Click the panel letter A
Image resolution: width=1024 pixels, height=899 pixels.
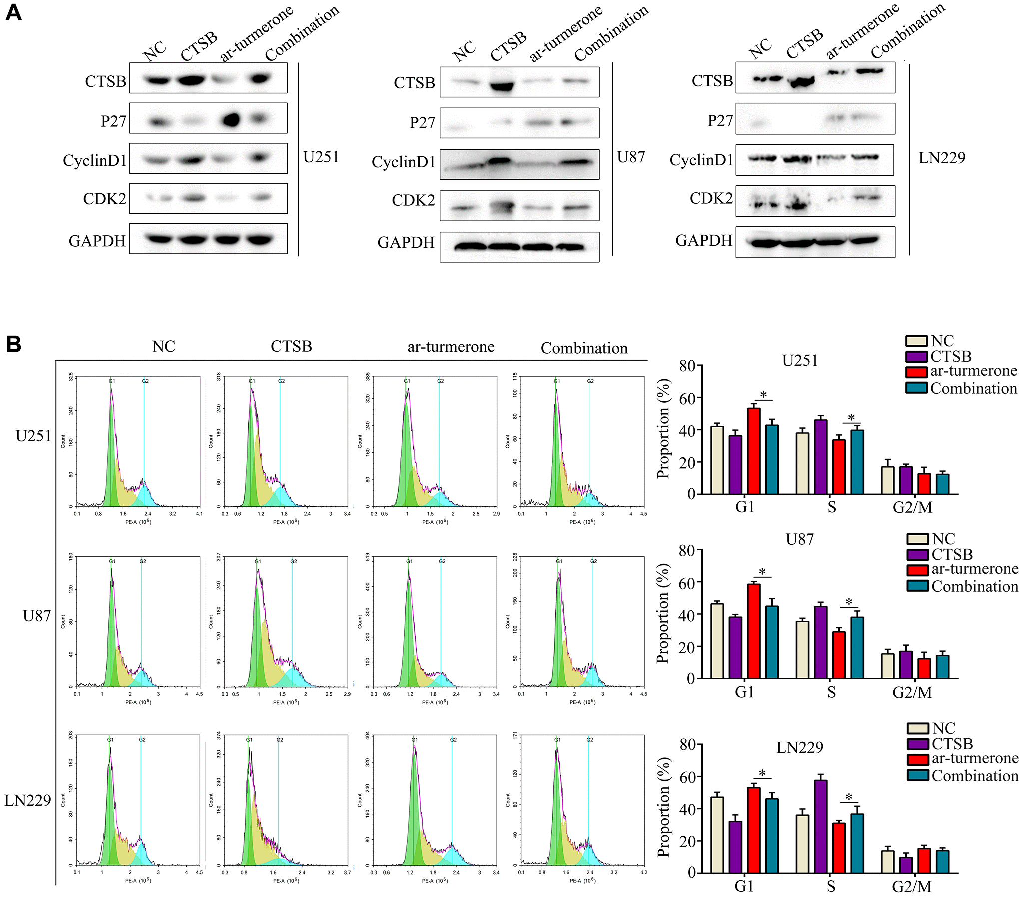tap(13, 12)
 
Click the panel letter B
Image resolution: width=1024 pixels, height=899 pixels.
tap(13, 344)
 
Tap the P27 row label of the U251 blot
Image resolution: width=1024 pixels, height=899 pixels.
tap(113, 121)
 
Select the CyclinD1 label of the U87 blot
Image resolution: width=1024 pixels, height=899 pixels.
tap(403, 162)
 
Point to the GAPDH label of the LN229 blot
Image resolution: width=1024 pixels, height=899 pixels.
tap(703, 241)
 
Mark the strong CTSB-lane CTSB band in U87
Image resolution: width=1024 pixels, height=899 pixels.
tap(503, 86)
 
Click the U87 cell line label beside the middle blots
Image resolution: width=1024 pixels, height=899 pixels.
tap(631, 157)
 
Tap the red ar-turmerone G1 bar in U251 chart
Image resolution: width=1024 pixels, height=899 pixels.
tap(753, 451)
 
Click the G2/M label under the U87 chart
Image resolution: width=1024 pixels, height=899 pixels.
tap(912, 693)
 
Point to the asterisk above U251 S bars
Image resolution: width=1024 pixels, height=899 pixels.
tap(851, 417)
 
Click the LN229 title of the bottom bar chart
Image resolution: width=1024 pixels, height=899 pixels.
tap(800, 747)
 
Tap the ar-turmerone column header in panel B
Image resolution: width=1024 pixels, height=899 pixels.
tap(451, 347)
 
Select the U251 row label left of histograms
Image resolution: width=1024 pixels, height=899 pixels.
tap(33, 436)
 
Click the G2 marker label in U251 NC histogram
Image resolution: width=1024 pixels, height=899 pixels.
tap(145, 381)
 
